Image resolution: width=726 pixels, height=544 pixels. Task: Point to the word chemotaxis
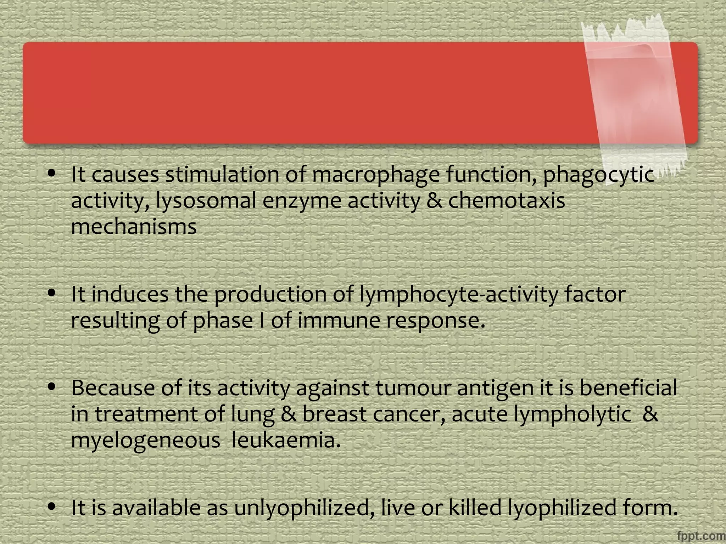(x=507, y=201)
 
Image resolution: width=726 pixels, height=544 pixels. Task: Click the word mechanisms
(x=134, y=227)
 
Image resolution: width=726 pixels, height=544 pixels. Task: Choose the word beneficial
(x=628, y=388)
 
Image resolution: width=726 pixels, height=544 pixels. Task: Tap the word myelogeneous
(x=145, y=441)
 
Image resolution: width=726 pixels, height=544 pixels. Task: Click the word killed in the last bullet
(x=475, y=508)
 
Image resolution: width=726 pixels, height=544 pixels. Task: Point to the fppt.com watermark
(x=700, y=536)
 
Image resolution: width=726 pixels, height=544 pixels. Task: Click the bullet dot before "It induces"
(x=52, y=293)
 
